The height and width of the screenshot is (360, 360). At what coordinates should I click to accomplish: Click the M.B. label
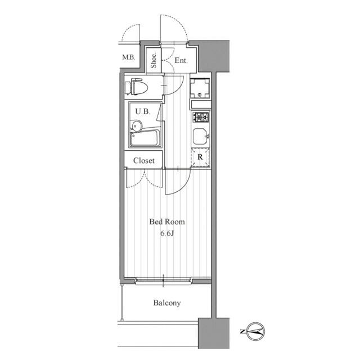(128, 57)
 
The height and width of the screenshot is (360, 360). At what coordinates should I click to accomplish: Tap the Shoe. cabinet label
(154, 60)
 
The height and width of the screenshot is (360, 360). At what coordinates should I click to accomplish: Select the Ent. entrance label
(181, 60)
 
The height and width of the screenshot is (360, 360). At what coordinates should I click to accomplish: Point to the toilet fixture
(136, 87)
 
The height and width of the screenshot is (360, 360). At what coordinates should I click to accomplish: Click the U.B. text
(142, 111)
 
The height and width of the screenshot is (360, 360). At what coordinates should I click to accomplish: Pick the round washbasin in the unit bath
(137, 126)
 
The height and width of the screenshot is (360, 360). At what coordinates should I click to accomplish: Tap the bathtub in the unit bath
(145, 138)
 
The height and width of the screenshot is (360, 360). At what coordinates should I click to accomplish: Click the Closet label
(144, 160)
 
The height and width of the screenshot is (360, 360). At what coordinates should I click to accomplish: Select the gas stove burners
(201, 117)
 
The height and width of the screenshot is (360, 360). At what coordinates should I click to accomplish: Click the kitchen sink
(200, 136)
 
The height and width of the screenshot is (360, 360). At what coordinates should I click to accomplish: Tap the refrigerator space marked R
(200, 157)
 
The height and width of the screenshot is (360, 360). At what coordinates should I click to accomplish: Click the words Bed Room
(167, 222)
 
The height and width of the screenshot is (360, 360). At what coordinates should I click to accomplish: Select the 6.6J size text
(167, 233)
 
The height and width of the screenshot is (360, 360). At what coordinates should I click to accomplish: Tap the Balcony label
(167, 303)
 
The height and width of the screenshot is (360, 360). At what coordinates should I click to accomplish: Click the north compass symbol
(255, 331)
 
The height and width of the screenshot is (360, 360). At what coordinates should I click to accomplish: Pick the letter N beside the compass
(242, 331)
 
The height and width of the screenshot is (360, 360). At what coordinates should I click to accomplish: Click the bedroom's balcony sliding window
(163, 281)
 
